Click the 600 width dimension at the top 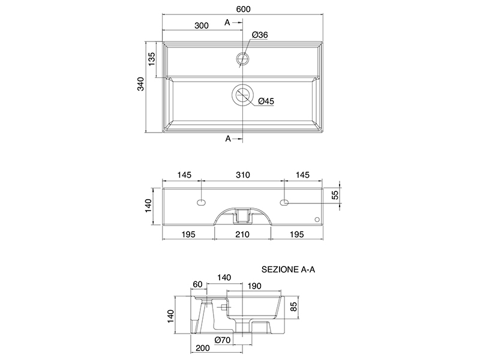[243, 9]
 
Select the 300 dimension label [202, 25]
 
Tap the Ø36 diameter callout [260, 35]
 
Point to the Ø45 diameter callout [266, 101]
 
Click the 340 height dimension [140, 84]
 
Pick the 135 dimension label [152, 59]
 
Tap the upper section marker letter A [227, 22]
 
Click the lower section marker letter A [228, 139]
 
